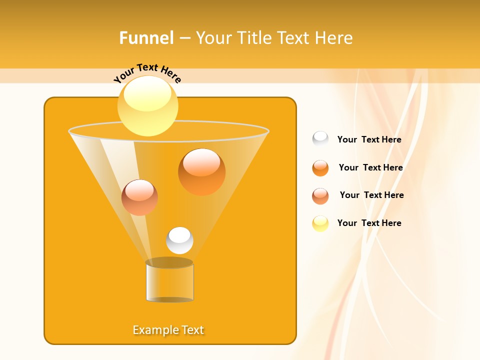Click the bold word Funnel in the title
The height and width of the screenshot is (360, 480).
(146, 38)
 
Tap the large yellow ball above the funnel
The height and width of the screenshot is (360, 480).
(147, 105)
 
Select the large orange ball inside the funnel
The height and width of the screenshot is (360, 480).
(201, 171)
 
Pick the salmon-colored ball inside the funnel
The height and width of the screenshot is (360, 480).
(139, 197)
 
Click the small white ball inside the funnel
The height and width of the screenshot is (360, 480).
(179, 240)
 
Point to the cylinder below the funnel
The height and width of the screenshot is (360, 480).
(169, 283)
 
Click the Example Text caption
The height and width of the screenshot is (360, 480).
(168, 330)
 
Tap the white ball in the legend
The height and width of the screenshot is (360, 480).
(320, 139)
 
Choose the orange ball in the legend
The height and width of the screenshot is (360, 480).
(320, 168)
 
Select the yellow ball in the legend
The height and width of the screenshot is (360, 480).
(320, 223)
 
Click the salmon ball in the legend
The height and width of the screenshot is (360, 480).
(320, 196)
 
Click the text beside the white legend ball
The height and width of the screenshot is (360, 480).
(369, 139)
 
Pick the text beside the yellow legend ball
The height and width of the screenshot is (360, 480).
(369, 223)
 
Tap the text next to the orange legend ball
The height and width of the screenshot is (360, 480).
(370, 167)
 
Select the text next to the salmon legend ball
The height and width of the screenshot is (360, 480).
(371, 195)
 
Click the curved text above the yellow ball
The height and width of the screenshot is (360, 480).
(147, 72)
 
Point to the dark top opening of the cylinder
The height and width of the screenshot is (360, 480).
(169, 262)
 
